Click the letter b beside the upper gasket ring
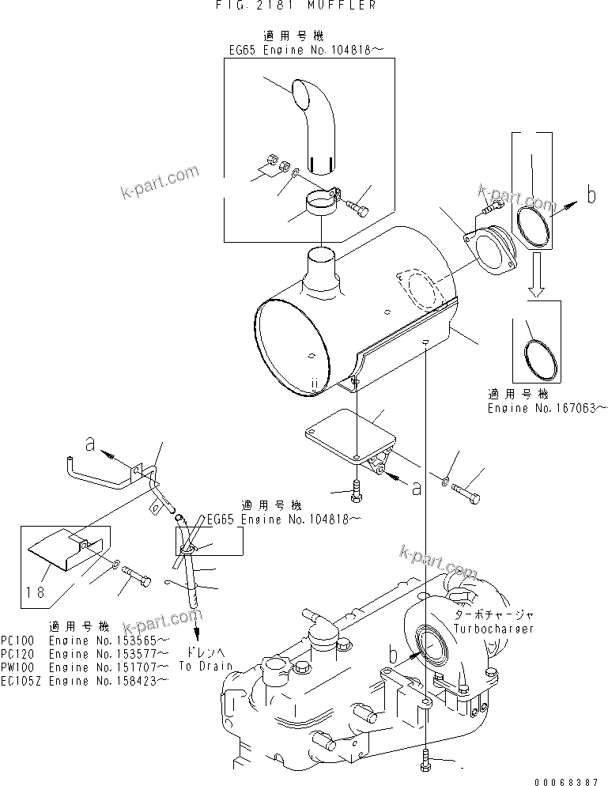[x=590, y=195]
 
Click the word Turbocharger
[x=493, y=629]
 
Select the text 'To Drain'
[x=205, y=666]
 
